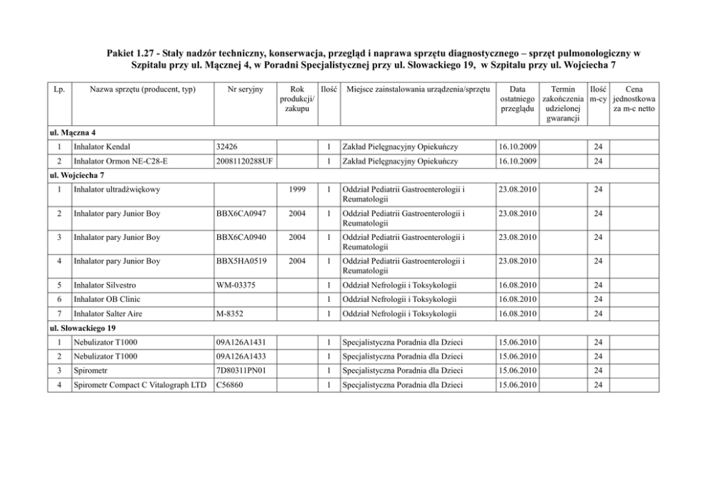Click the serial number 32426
228,147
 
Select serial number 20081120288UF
243,162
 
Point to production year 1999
298,190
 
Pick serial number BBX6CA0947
241,214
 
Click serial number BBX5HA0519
241,261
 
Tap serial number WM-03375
235,285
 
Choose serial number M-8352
230,314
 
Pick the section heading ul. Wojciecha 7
76,175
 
